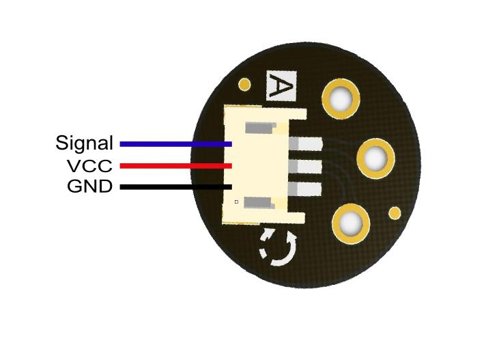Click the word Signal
click(84, 143)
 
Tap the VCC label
click(89, 166)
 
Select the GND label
click(89, 186)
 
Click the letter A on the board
click(281, 87)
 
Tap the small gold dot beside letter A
click(244, 85)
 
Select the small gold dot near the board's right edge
click(395, 212)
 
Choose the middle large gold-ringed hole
click(375, 158)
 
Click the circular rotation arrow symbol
click(278, 247)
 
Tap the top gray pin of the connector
click(304, 144)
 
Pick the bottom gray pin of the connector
click(304, 189)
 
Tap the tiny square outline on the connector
click(236, 202)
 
